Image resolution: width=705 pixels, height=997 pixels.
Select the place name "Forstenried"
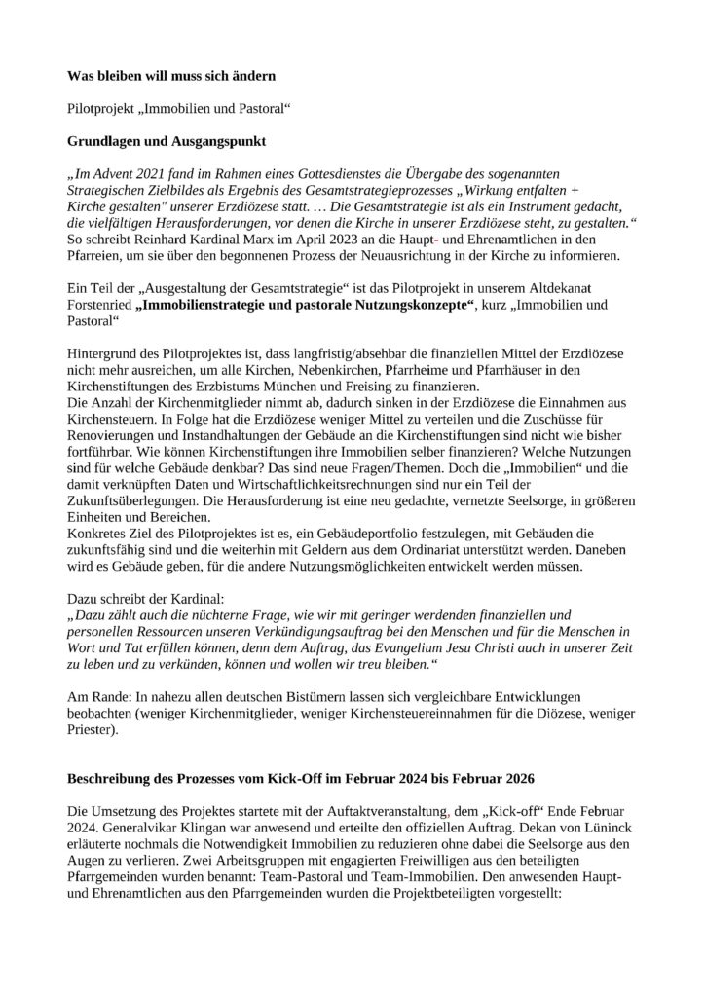100,307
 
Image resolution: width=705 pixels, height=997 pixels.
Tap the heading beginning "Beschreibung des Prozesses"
301,781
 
